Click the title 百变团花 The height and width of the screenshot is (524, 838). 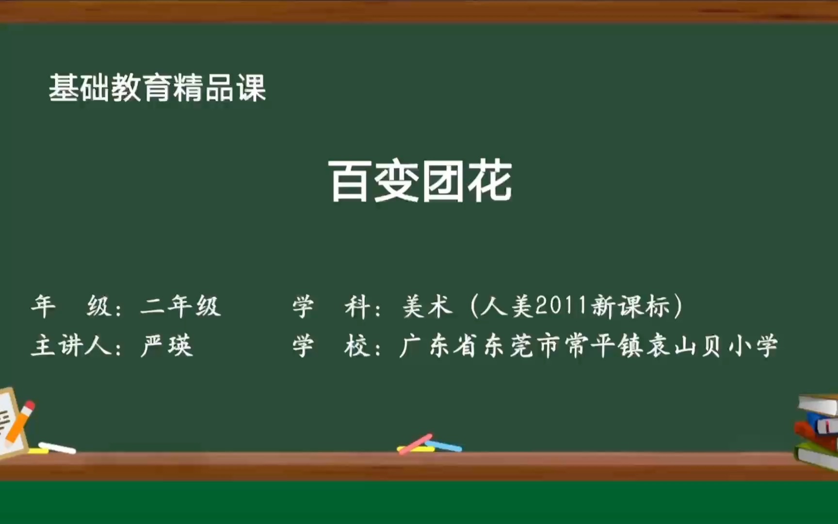[420, 181]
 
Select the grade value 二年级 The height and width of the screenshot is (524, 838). [180, 307]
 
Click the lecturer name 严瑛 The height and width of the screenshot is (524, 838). [167, 346]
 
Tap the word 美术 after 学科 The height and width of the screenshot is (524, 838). [428, 307]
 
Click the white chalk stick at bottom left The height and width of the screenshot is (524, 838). [57, 448]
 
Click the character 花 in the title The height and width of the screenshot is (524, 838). [490, 181]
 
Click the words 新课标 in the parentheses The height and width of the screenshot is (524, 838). [630, 307]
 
